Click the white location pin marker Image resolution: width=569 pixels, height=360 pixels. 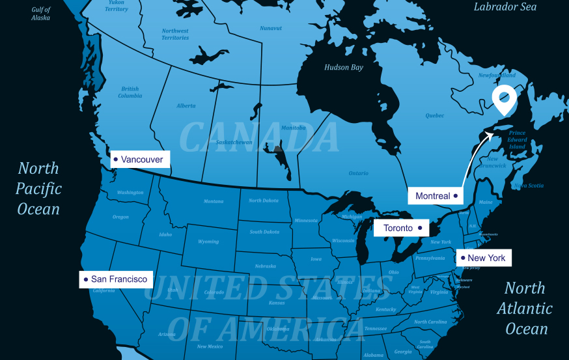coord(503,99)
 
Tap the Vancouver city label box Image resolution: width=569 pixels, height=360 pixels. coord(140,159)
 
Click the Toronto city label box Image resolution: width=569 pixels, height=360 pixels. coord(401,228)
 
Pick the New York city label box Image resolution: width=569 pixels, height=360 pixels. coord(483,258)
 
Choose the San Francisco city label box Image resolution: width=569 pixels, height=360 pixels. coord(116,279)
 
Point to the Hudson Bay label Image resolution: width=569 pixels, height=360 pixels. coord(344,67)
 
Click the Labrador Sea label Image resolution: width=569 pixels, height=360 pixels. coord(505,7)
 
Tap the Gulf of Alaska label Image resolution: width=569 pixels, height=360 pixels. coord(40,14)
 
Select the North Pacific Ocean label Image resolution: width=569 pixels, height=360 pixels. coord(38,189)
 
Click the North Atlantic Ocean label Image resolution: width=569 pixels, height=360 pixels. coord(525,308)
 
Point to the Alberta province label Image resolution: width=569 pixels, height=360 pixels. coord(186,105)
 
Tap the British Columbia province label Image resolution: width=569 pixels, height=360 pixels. coord(130,92)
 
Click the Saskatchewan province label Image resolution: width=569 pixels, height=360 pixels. coord(234,142)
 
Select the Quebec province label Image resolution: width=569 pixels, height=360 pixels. coord(435,115)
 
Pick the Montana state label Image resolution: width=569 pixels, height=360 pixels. coord(213,201)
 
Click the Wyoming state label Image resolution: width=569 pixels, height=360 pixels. coord(208,242)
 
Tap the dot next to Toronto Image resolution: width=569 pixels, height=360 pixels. coord(420,228)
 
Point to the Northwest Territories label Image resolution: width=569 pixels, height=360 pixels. coord(175,34)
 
